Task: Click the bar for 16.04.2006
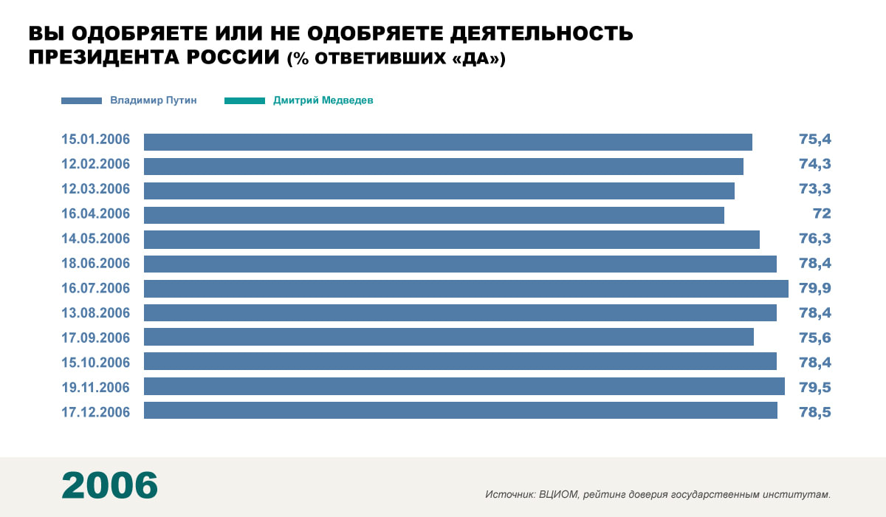click(x=434, y=215)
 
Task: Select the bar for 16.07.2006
click(x=466, y=288)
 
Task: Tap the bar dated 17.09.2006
click(x=449, y=337)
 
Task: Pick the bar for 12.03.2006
click(x=439, y=191)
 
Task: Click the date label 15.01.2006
click(x=96, y=140)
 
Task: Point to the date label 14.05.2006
click(x=96, y=239)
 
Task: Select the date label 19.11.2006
click(x=96, y=387)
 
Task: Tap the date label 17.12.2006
click(x=96, y=411)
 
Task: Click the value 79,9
click(x=815, y=288)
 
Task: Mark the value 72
click(x=822, y=214)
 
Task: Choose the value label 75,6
click(x=815, y=338)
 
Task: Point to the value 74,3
click(x=815, y=165)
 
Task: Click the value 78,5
click(x=815, y=411)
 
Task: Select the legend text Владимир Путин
click(x=154, y=100)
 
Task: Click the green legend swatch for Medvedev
click(x=244, y=100)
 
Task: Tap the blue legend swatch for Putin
click(x=81, y=100)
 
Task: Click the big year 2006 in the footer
click(x=109, y=485)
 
